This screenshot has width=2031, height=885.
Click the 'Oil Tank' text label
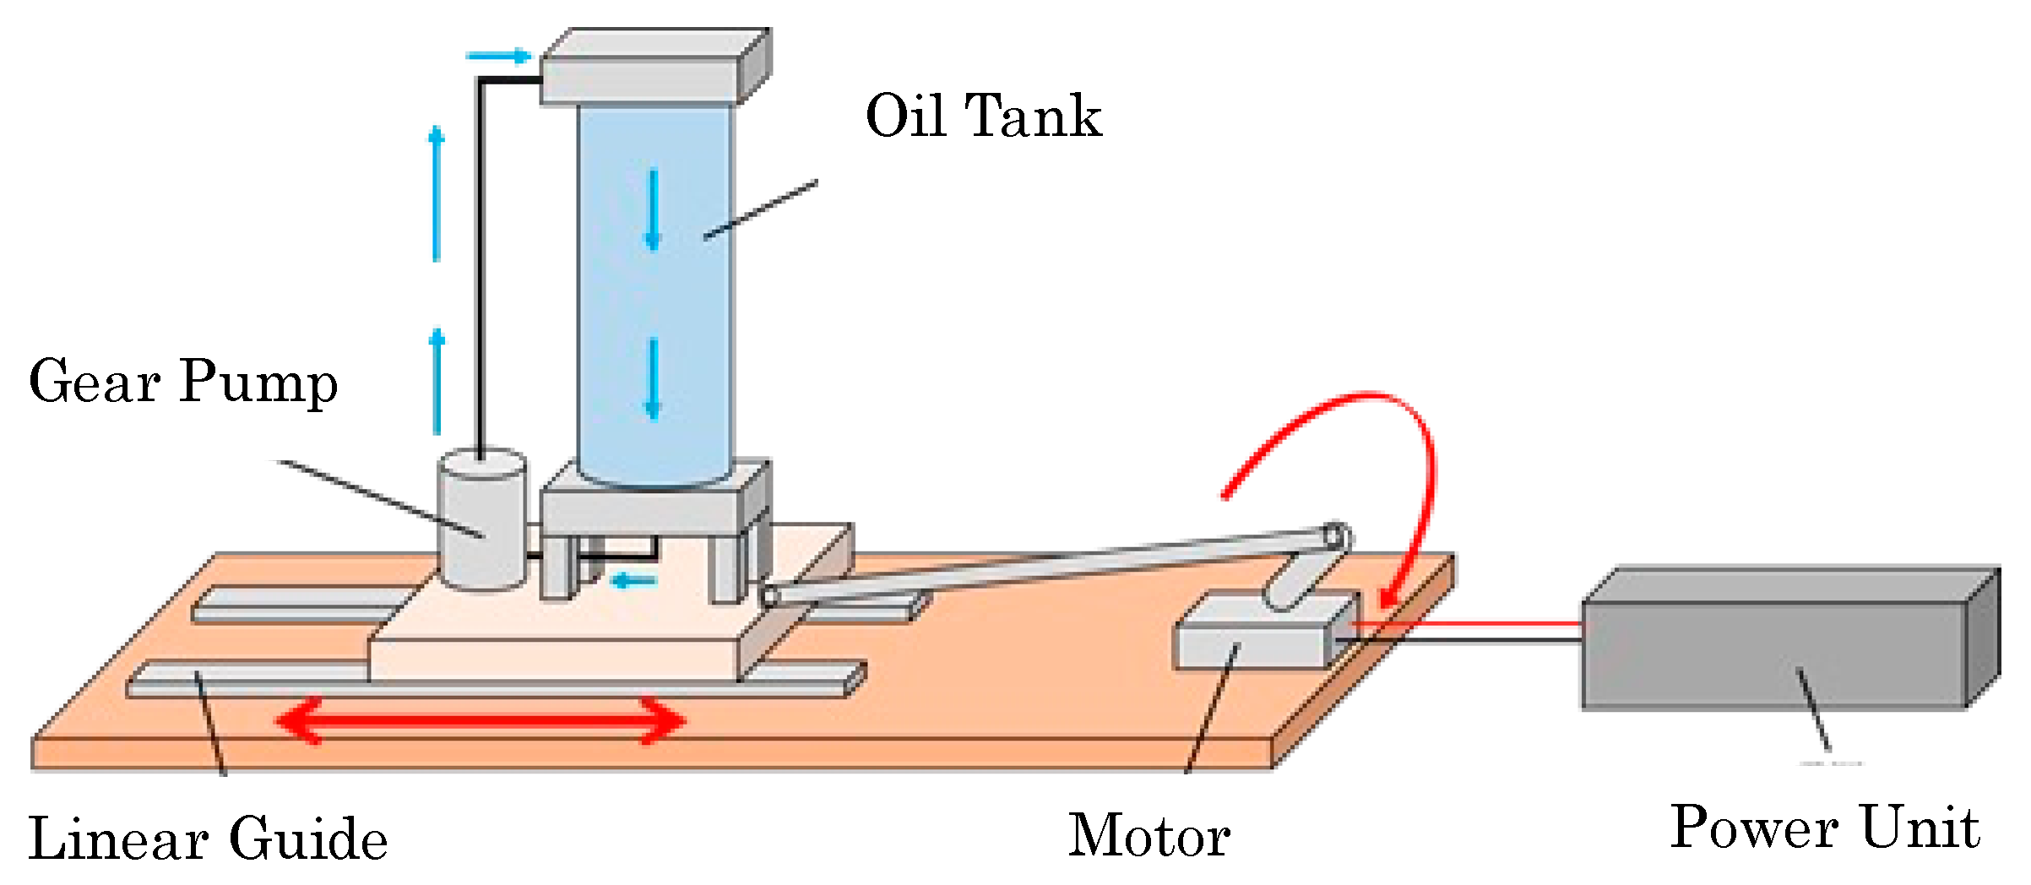coord(983,116)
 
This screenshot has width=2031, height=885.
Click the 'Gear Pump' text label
coord(182,382)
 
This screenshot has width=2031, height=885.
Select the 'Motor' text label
coord(1149,836)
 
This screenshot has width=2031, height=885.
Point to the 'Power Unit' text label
coord(1824,828)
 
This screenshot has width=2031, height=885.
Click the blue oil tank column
coord(654,296)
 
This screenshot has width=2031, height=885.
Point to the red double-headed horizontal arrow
coord(481,721)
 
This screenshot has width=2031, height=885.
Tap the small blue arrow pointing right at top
coord(498,57)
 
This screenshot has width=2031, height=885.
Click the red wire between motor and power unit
coord(1469,624)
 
